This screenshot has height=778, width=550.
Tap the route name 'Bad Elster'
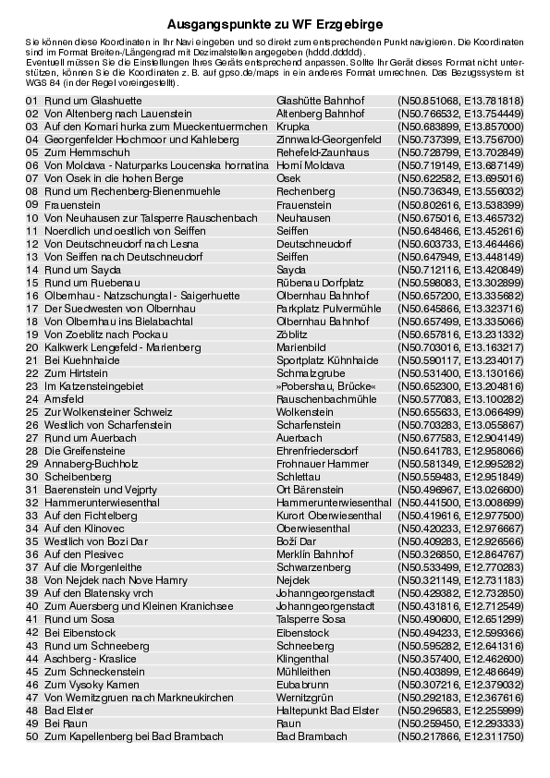68,711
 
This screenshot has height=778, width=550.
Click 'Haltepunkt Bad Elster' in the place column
327,711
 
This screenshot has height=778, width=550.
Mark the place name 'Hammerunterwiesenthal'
334,502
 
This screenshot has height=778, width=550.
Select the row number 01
32,100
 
